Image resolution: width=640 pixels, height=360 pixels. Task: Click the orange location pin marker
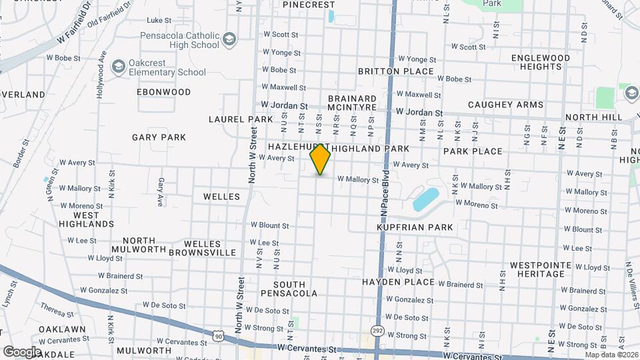320,159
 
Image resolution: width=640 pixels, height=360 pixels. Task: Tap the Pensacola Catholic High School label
179,40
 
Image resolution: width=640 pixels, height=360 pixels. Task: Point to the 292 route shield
377,331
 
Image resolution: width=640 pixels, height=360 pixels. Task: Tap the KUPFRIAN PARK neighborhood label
415,227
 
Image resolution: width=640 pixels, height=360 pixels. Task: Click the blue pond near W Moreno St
426,199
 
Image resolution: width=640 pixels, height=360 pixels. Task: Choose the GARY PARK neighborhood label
159,137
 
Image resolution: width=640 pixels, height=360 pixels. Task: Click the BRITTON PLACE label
396,71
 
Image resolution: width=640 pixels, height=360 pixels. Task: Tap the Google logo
21,351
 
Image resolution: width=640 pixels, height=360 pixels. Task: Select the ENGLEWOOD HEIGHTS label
541,62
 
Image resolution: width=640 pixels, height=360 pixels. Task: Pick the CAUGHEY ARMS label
505,105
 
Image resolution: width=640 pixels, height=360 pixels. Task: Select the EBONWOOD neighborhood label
163,92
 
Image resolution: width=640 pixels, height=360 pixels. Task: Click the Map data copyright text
611,354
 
